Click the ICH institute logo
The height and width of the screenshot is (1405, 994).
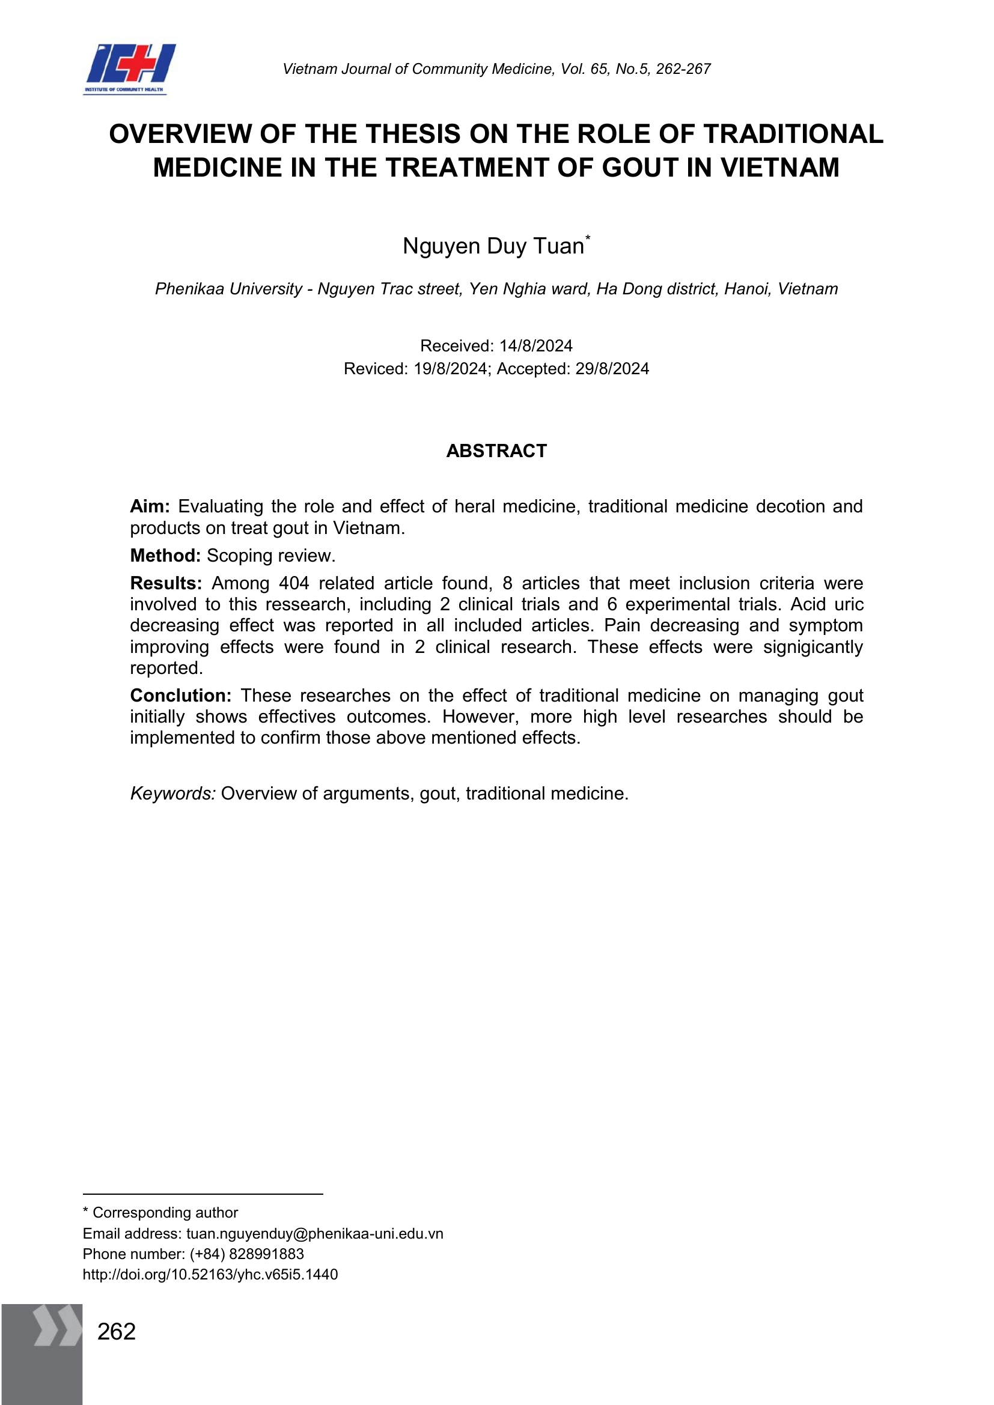pyautogui.click(x=129, y=68)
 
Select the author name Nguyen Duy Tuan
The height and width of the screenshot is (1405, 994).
pyautogui.click(x=493, y=246)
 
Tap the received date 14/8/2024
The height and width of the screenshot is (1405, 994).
pyautogui.click(x=535, y=346)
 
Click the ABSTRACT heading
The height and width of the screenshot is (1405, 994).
pyautogui.click(x=496, y=451)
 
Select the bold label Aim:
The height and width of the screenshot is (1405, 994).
pyautogui.click(x=150, y=507)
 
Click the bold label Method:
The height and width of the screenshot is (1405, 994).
pyautogui.click(x=165, y=556)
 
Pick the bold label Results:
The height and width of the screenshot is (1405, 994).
pyautogui.click(x=166, y=583)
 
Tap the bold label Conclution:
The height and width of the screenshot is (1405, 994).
pyautogui.click(x=180, y=696)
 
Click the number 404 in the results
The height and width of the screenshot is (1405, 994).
pyautogui.click(x=294, y=583)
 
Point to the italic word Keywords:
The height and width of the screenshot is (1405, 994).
pyautogui.click(x=172, y=794)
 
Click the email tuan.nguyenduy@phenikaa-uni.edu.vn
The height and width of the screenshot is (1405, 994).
pyautogui.click(x=314, y=1234)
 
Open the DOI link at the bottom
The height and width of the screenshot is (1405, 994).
pyautogui.click(x=210, y=1275)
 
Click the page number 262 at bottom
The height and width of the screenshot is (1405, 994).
pyautogui.click(x=117, y=1332)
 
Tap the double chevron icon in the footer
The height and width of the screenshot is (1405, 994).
pyautogui.click(x=57, y=1326)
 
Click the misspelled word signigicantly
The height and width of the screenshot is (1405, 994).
pyautogui.click(x=813, y=647)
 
